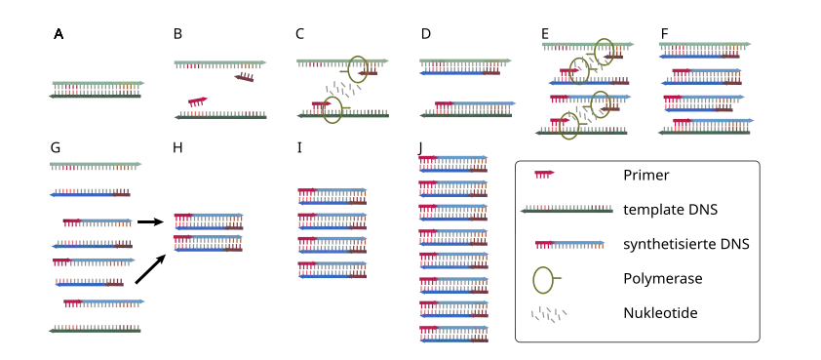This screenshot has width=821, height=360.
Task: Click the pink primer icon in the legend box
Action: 543,174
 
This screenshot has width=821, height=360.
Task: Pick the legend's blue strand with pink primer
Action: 569,242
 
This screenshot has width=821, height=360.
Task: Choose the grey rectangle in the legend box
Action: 549,315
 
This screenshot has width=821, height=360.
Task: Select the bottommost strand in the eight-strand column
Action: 452,333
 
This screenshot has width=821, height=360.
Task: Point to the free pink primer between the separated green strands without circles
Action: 198,100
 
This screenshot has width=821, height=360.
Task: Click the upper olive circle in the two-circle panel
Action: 358,67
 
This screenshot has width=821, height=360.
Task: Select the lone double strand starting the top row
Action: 97,90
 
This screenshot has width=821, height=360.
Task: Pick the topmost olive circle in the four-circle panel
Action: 605,46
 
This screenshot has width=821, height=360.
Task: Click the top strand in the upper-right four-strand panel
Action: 705,48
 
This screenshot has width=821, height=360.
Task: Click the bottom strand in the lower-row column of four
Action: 334,268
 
